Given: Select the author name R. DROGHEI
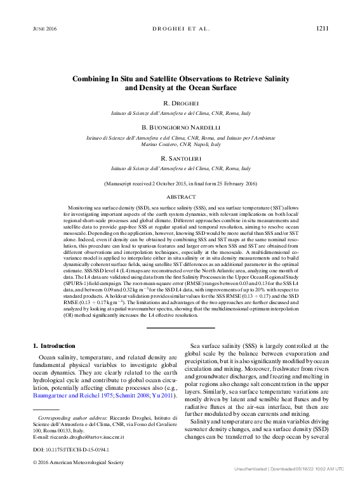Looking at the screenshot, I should [x=180, y=102].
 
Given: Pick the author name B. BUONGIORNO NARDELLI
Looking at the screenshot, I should [x=180, y=127].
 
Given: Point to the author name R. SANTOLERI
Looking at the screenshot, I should [x=180, y=159].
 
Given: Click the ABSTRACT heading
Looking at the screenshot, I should [x=180, y=197].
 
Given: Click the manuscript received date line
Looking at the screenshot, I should [x=180, y=183].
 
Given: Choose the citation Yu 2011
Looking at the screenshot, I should [x=163, y=396].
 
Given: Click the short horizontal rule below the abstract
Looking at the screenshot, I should [x=180, y=328].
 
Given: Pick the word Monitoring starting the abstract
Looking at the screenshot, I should [x=81, y=208].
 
